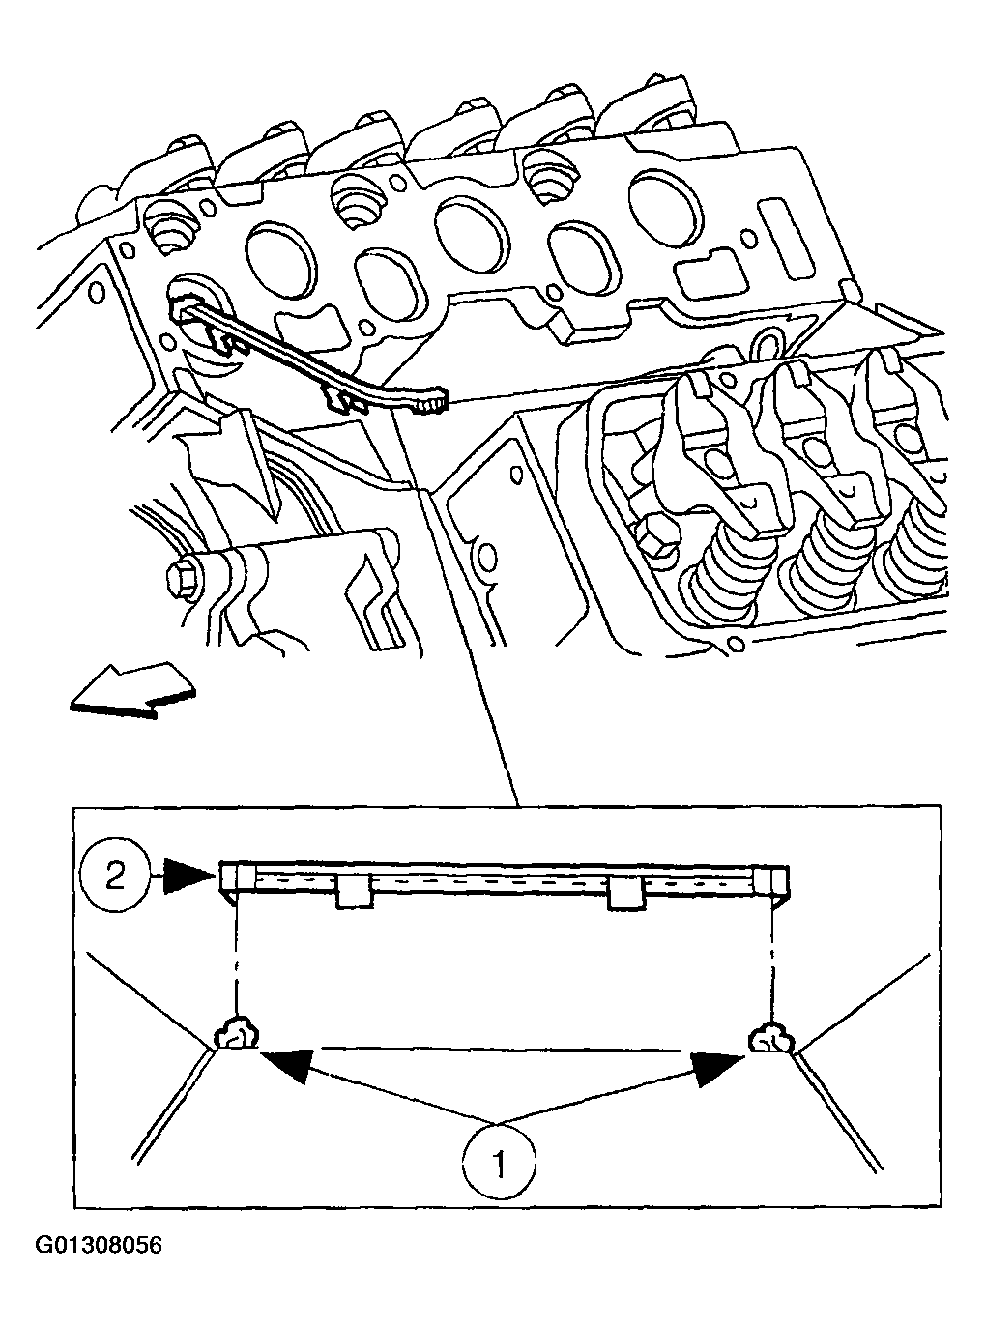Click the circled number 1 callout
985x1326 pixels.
pyautogui.click(x=500, y=1163)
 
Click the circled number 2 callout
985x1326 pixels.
pyautogui.click(x=115, y=877)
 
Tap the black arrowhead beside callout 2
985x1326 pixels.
pyautogui.click(x=189, y=877)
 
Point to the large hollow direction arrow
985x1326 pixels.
pyautogui.click(x=132, y=690)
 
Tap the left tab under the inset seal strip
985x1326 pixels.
pyautogui.click(x=356, y=894)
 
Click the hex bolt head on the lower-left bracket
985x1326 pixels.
pyautogui.click(x=181, y=578)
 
